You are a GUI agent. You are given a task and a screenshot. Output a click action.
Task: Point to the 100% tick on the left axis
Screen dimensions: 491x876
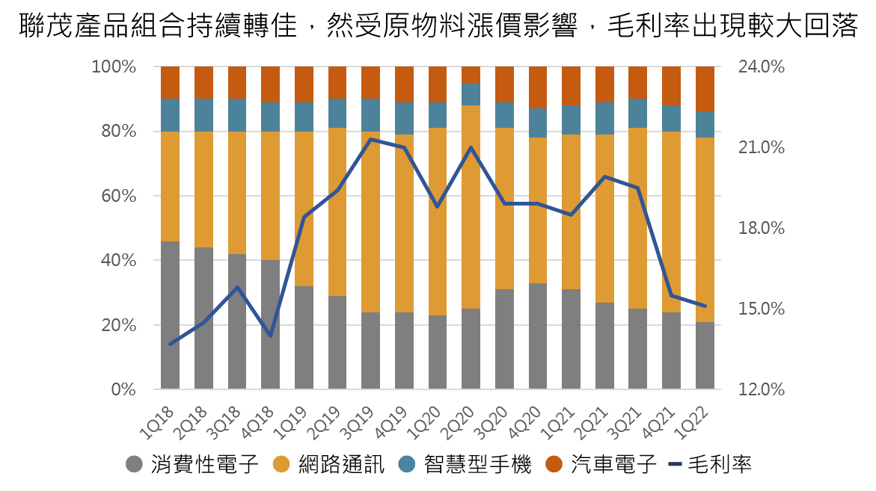(x=114, y=67)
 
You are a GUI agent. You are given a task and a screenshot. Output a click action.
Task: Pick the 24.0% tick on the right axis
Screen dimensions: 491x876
(x=762, y=67)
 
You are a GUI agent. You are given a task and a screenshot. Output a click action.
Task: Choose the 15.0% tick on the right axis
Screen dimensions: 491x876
(x=762, y=309)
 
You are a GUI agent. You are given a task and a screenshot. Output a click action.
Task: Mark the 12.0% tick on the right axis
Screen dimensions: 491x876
(x=762, y=389)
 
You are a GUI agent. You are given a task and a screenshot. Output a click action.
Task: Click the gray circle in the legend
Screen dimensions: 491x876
(x=134, y=464)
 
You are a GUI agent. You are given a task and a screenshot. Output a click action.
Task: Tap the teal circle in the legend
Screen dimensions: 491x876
(x=406, y=464)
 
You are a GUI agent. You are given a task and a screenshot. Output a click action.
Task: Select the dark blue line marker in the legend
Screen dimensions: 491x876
(x=675, y=464)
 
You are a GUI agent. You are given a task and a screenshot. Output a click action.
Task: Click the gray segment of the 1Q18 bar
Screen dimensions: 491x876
(x=170, y=315)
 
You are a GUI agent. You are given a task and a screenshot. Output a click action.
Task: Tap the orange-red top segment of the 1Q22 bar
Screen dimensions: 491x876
(x=705, y=89)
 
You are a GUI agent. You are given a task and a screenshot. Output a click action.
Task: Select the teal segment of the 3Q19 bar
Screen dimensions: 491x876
(x=370, y=114)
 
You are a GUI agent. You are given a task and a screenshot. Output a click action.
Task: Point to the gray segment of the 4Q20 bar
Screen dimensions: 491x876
(x=538, y=336)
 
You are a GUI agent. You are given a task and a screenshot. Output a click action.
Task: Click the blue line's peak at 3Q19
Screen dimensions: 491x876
(x=370, y=140)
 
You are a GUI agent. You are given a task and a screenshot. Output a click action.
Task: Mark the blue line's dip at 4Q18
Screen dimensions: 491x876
(x=270, y=336)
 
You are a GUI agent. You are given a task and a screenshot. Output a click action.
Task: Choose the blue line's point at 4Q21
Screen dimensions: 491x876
(x=672, y=295)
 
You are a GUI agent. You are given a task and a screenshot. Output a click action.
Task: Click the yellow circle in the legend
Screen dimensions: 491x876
(x=281, y=464)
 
